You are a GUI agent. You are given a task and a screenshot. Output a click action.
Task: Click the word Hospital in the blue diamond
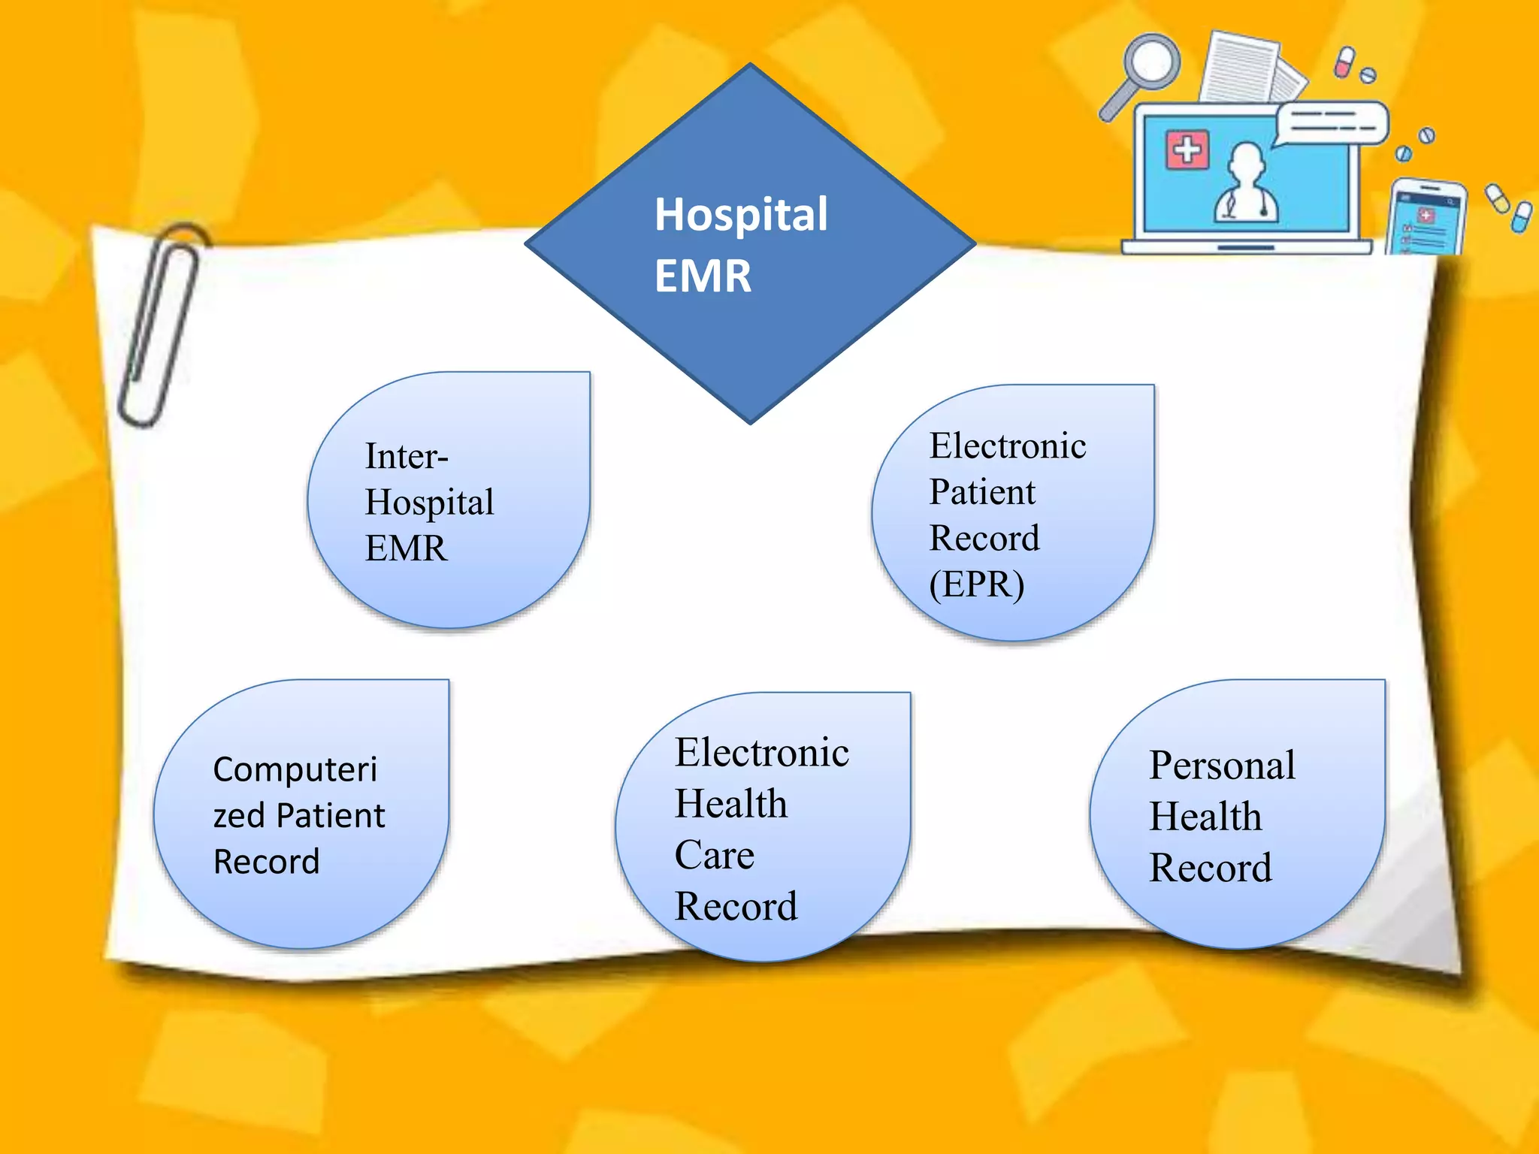click(x=741, y=215)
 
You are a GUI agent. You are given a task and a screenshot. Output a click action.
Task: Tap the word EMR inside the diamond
click(x=703, y=276)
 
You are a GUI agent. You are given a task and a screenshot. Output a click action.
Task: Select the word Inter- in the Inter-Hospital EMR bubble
click(x=407, y=456)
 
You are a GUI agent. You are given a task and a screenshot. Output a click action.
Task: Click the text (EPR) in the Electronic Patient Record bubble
click(x=976, y=585)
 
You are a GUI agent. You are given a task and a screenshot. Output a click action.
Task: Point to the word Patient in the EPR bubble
click(x=982, y=492)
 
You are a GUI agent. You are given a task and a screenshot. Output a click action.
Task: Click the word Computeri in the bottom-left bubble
click(x=295, y=769)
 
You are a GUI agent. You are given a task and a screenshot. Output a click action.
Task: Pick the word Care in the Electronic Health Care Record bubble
click(x=714, y=855)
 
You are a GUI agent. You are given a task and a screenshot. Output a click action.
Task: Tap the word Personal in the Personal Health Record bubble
click(x=1222, y=766)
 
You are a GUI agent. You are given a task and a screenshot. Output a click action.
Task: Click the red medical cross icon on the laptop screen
click(x=1187, y=149)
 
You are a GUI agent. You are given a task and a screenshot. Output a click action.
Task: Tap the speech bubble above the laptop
click(x=1332, y=122)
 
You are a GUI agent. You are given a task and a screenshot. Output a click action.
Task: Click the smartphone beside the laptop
click(x=1426, y=218)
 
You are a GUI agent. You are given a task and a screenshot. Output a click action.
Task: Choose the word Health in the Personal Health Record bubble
click(x=1205, y=817)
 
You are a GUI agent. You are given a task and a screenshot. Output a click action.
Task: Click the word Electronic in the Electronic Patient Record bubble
click(x=1008, y=446)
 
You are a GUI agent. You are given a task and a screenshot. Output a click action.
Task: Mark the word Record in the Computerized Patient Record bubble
click(x=266, y=862)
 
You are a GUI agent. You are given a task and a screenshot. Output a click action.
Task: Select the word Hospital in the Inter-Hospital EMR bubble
click(x=429, y=503)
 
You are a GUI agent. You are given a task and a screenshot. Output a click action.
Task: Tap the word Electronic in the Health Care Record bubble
click(x=761, y=753)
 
